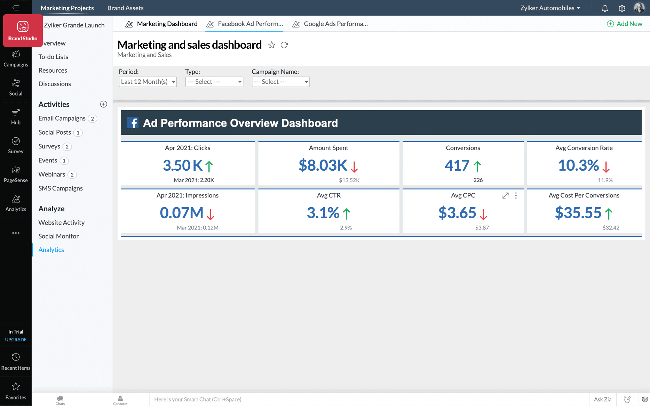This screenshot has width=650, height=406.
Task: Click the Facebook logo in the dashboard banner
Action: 133,123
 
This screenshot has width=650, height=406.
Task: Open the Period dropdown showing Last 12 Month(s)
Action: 148,82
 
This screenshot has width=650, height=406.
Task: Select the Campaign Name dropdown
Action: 281,82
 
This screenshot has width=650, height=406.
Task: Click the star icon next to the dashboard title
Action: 272,45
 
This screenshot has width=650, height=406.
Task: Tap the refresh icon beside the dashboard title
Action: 284,45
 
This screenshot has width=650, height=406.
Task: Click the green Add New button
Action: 625,24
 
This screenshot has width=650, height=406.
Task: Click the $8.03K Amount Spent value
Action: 323,165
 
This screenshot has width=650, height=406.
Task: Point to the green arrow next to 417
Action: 477,166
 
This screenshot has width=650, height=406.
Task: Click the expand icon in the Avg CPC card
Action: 506,196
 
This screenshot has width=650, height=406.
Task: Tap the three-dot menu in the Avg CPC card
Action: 516,196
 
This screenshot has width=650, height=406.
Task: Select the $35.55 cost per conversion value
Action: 578,213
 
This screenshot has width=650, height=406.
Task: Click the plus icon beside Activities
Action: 104,104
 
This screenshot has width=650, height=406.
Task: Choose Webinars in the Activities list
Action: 52,174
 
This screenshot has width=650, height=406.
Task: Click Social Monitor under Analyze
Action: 58,236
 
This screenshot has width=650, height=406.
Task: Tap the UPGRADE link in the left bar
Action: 16,340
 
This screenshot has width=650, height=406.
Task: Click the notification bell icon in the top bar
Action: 605,8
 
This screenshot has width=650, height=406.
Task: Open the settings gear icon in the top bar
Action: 622,8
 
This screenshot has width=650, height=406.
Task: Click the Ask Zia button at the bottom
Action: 602,399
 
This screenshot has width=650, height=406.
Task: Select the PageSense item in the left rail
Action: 16,174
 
